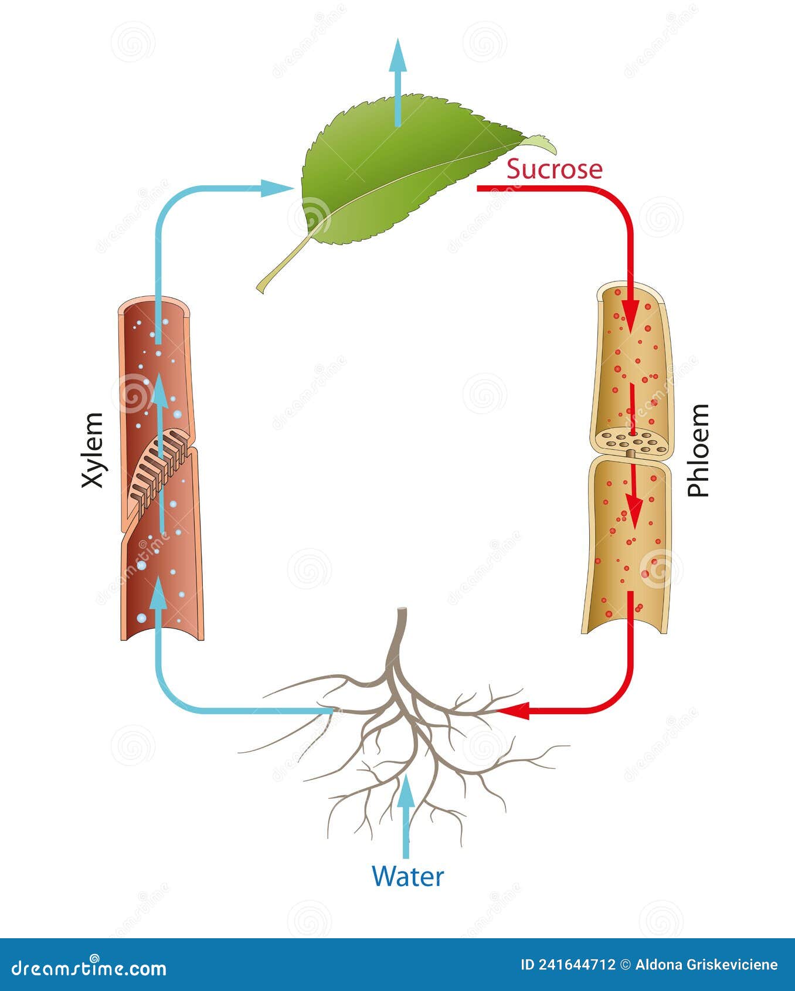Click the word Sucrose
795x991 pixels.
pos(554,169)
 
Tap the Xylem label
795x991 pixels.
pos(93,450)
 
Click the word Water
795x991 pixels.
pos(407,877)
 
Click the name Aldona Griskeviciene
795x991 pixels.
pos(706,965)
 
